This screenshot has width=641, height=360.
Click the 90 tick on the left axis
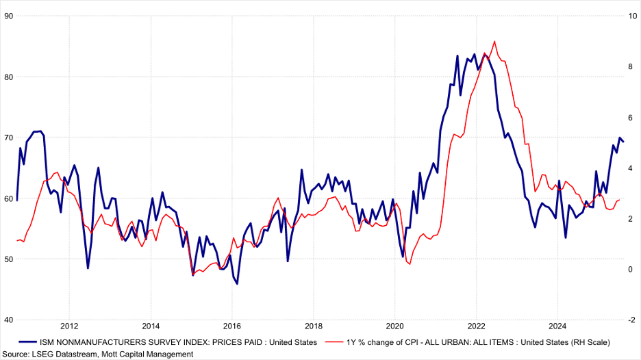click(8, 16)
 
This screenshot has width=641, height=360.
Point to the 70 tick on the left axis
click(8, 138)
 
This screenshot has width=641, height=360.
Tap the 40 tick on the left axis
click(8, 320)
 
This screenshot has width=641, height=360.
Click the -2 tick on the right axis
click(631, 320)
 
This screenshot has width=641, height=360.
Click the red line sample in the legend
click(334, 342)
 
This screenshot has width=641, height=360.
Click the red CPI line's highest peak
click(494, 41)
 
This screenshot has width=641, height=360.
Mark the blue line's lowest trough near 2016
click(237, 283)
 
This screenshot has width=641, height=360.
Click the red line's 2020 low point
click(409, 265)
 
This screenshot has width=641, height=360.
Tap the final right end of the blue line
click(623, 142)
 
